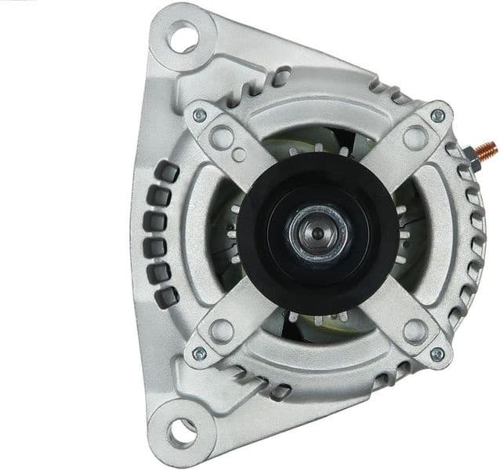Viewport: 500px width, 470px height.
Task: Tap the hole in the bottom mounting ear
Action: coord(183,429)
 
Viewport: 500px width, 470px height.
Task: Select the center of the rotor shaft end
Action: coord(318,233)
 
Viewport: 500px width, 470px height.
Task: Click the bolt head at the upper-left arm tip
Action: coord(199,116)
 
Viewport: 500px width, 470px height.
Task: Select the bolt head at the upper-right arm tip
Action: coord(437,115)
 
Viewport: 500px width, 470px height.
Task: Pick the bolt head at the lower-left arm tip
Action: coord(199,353)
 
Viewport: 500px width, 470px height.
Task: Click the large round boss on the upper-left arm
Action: coord(220,137)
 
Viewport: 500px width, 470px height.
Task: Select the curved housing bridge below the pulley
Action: coord(317,357)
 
